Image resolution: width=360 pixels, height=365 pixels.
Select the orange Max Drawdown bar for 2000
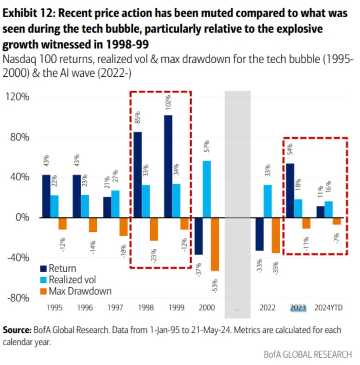coord(215,243)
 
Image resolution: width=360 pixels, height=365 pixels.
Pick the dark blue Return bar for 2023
coord(289,190)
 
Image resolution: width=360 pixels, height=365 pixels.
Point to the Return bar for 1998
coord(138,174)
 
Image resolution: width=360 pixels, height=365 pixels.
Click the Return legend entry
coord(61,268)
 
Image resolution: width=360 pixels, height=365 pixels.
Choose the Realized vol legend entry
coord(70,279)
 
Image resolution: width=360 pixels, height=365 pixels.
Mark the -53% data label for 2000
coord(215,283)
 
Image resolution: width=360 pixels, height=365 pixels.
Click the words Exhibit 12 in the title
coord(30,13)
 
